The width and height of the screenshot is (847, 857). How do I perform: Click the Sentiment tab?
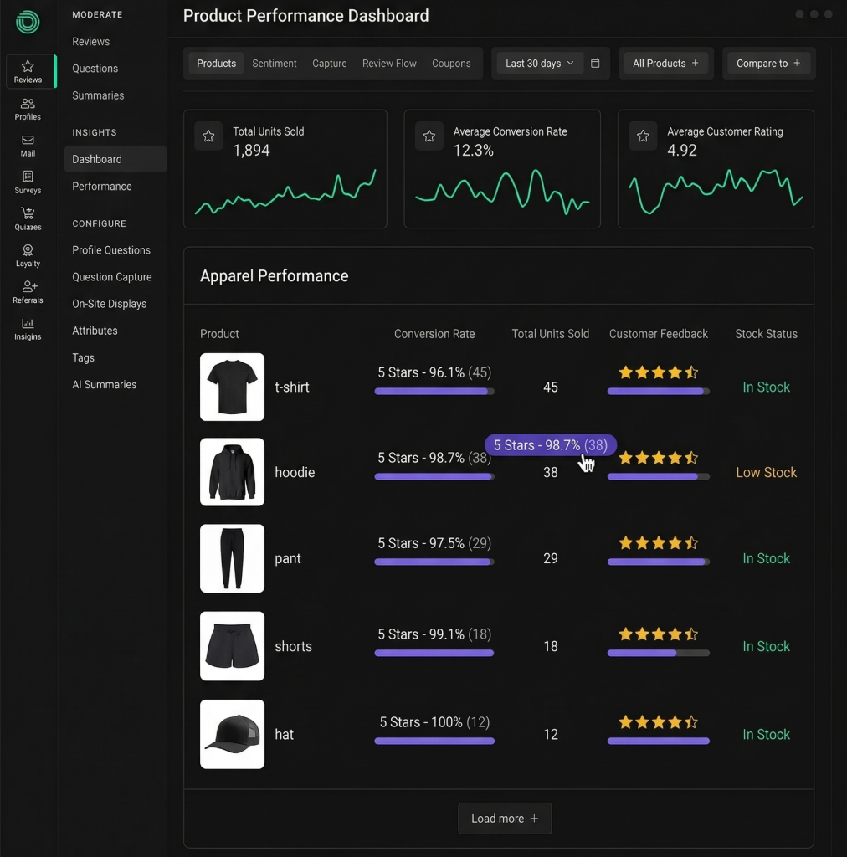pyautogui.click(x=275, y=64)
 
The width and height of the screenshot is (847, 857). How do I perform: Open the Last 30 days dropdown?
pyautogui.click(x=540, y=64)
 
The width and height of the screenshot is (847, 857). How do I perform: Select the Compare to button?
pyautogui.click(x=768, y=64)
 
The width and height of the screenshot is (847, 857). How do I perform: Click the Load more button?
pyautogui.click(x=505, y=819)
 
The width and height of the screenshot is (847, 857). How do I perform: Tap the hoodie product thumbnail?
pyautogui.click(x=232, y=472)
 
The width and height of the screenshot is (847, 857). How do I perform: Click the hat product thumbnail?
pyautogui.click(x=232, y=734)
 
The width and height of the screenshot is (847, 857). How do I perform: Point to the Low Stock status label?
pyautogui.click(x=766, y=473)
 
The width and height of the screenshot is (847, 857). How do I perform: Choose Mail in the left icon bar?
pyautogui.click(x=28, y=146)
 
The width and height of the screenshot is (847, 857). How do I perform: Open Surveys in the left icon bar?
pyautogui.click(x=28, y=182)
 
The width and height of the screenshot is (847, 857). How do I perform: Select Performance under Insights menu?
pyautogui.click(x=102, y=187)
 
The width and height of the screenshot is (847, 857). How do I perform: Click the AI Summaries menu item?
pyautogui.click(x=104, y=385)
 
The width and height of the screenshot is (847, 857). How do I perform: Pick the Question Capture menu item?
pyautogui.click(x=112, y=277)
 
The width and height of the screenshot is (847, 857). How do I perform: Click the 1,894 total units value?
pyautogui.click(x=251, y=151)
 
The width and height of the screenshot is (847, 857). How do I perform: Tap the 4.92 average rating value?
pyautogui.click(x=682, y=151)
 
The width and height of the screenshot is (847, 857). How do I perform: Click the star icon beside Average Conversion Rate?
pyautogui.click(x=429, y=136)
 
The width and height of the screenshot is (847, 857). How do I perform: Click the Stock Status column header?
pyautogui.click(x=766, y=334)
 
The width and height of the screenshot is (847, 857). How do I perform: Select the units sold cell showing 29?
pyautogui.click(x=550, y=558)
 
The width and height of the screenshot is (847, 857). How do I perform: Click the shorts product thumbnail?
pyautogui.click(x=232, y=646)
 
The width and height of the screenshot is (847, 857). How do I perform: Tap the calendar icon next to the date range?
pyautogui.click(x=595, y=64)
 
